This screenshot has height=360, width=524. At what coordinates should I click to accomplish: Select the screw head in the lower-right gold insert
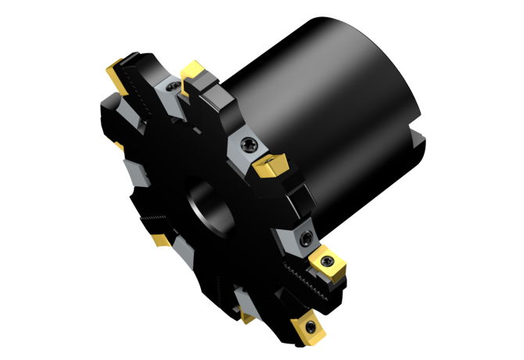[x=328, y=260]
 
